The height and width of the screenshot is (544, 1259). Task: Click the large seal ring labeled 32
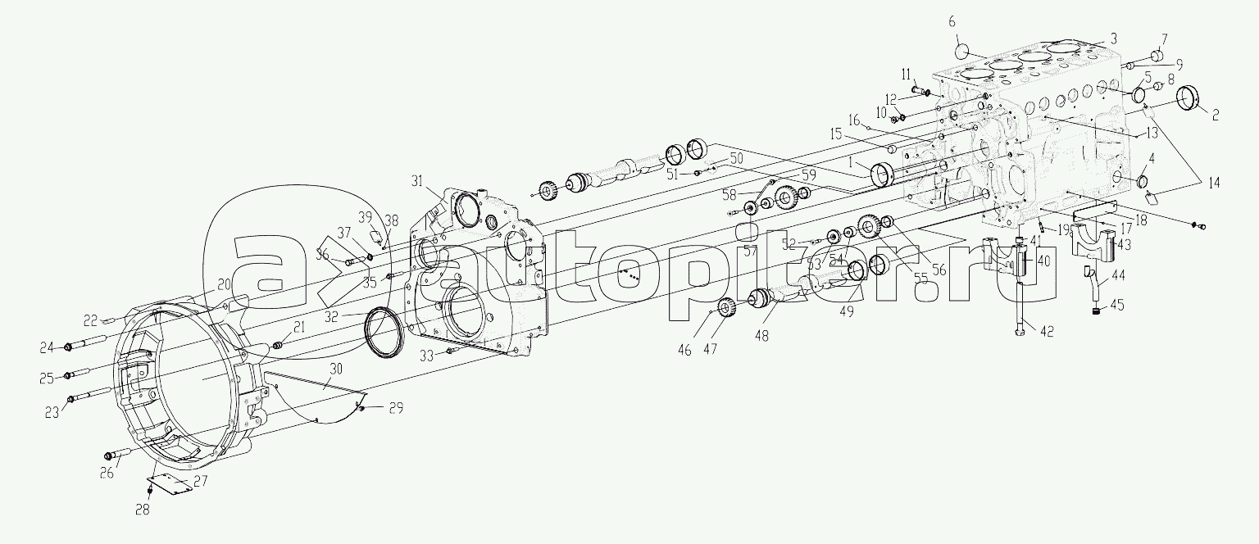click(384, 332)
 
